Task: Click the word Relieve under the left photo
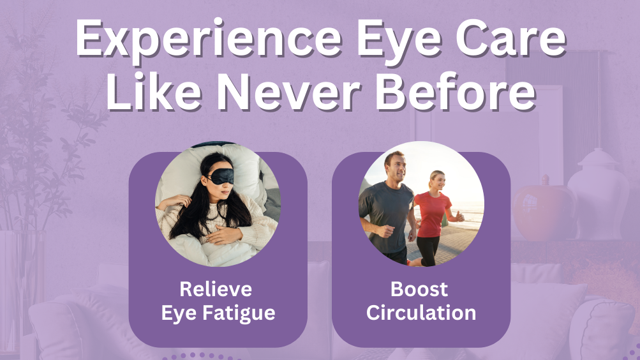tap(216, 289)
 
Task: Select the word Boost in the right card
tap(419, 289)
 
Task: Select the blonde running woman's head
tap(437, 181)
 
